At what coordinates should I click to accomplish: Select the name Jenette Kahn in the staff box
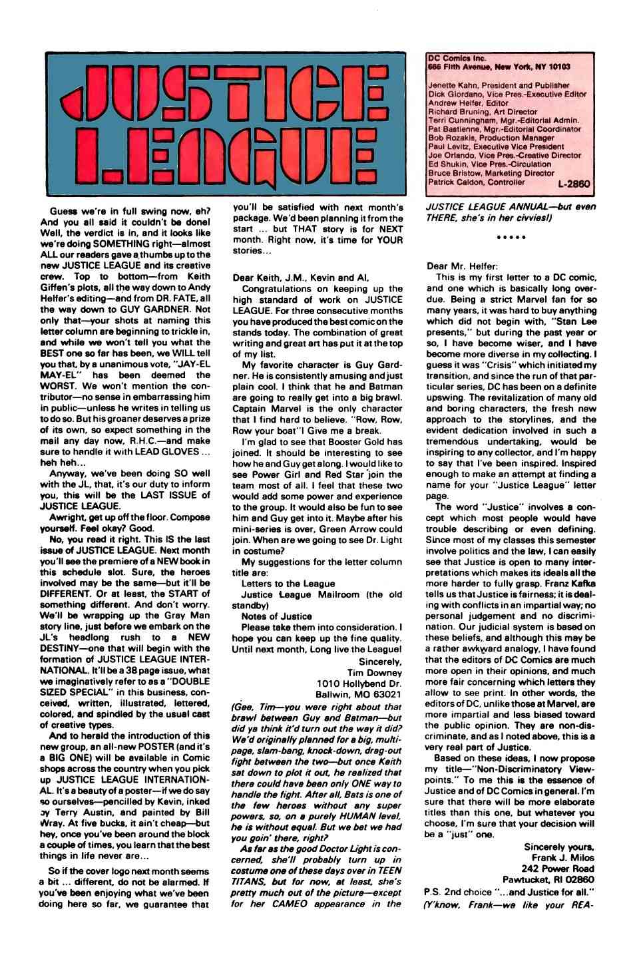[451, 85]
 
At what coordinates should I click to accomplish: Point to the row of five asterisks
[513, 236]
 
